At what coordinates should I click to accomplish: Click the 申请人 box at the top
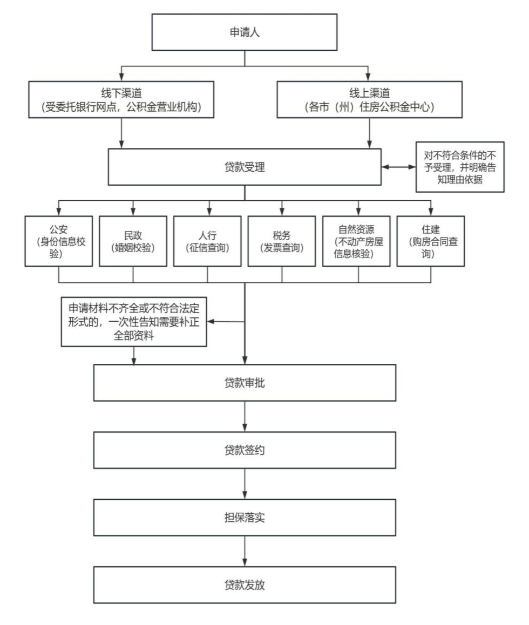[245, 32]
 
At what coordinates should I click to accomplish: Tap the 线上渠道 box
[369, 99]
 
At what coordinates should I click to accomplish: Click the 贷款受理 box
[245, 167]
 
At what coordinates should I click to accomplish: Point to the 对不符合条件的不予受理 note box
[459, 167]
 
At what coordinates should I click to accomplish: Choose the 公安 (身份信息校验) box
[59, 241]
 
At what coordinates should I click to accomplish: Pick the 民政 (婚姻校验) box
[133, 241]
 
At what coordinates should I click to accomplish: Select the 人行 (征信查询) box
[207, 241]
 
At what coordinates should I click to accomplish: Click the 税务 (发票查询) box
[281, 241]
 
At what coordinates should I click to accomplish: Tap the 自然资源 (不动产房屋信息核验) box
[356, 241]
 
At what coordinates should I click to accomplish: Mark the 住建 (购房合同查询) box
[430, 241]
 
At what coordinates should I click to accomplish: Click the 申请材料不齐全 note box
[134, 322]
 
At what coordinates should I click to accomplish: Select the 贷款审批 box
[245, 383]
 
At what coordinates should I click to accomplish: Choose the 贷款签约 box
[245, 450]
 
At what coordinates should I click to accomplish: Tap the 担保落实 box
[245, 517]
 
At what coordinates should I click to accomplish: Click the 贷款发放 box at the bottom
[245, 585]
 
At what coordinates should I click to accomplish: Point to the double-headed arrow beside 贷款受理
[398, 167]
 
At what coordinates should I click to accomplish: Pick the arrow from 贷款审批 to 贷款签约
[245, 416]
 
